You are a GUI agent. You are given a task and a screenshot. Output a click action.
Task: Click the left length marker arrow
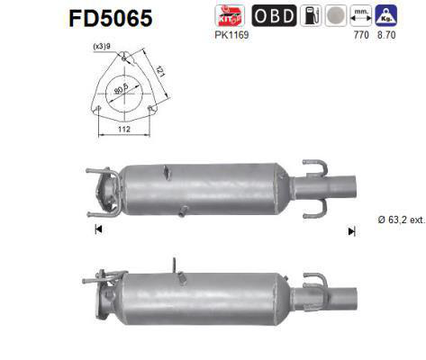[97, 229]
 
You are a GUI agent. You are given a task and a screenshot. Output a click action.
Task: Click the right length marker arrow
[351, 230]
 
